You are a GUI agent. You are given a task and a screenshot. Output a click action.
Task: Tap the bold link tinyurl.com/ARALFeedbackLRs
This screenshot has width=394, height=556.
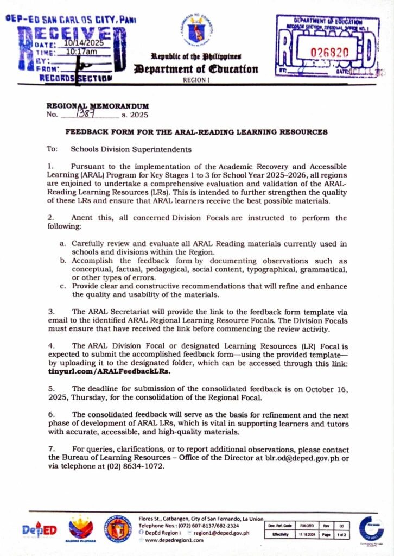pos(109,371)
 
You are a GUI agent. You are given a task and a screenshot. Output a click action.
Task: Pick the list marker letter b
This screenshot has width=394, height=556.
pos(62,261)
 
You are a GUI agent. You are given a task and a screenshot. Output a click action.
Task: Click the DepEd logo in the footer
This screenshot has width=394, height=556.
pos(39,530)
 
